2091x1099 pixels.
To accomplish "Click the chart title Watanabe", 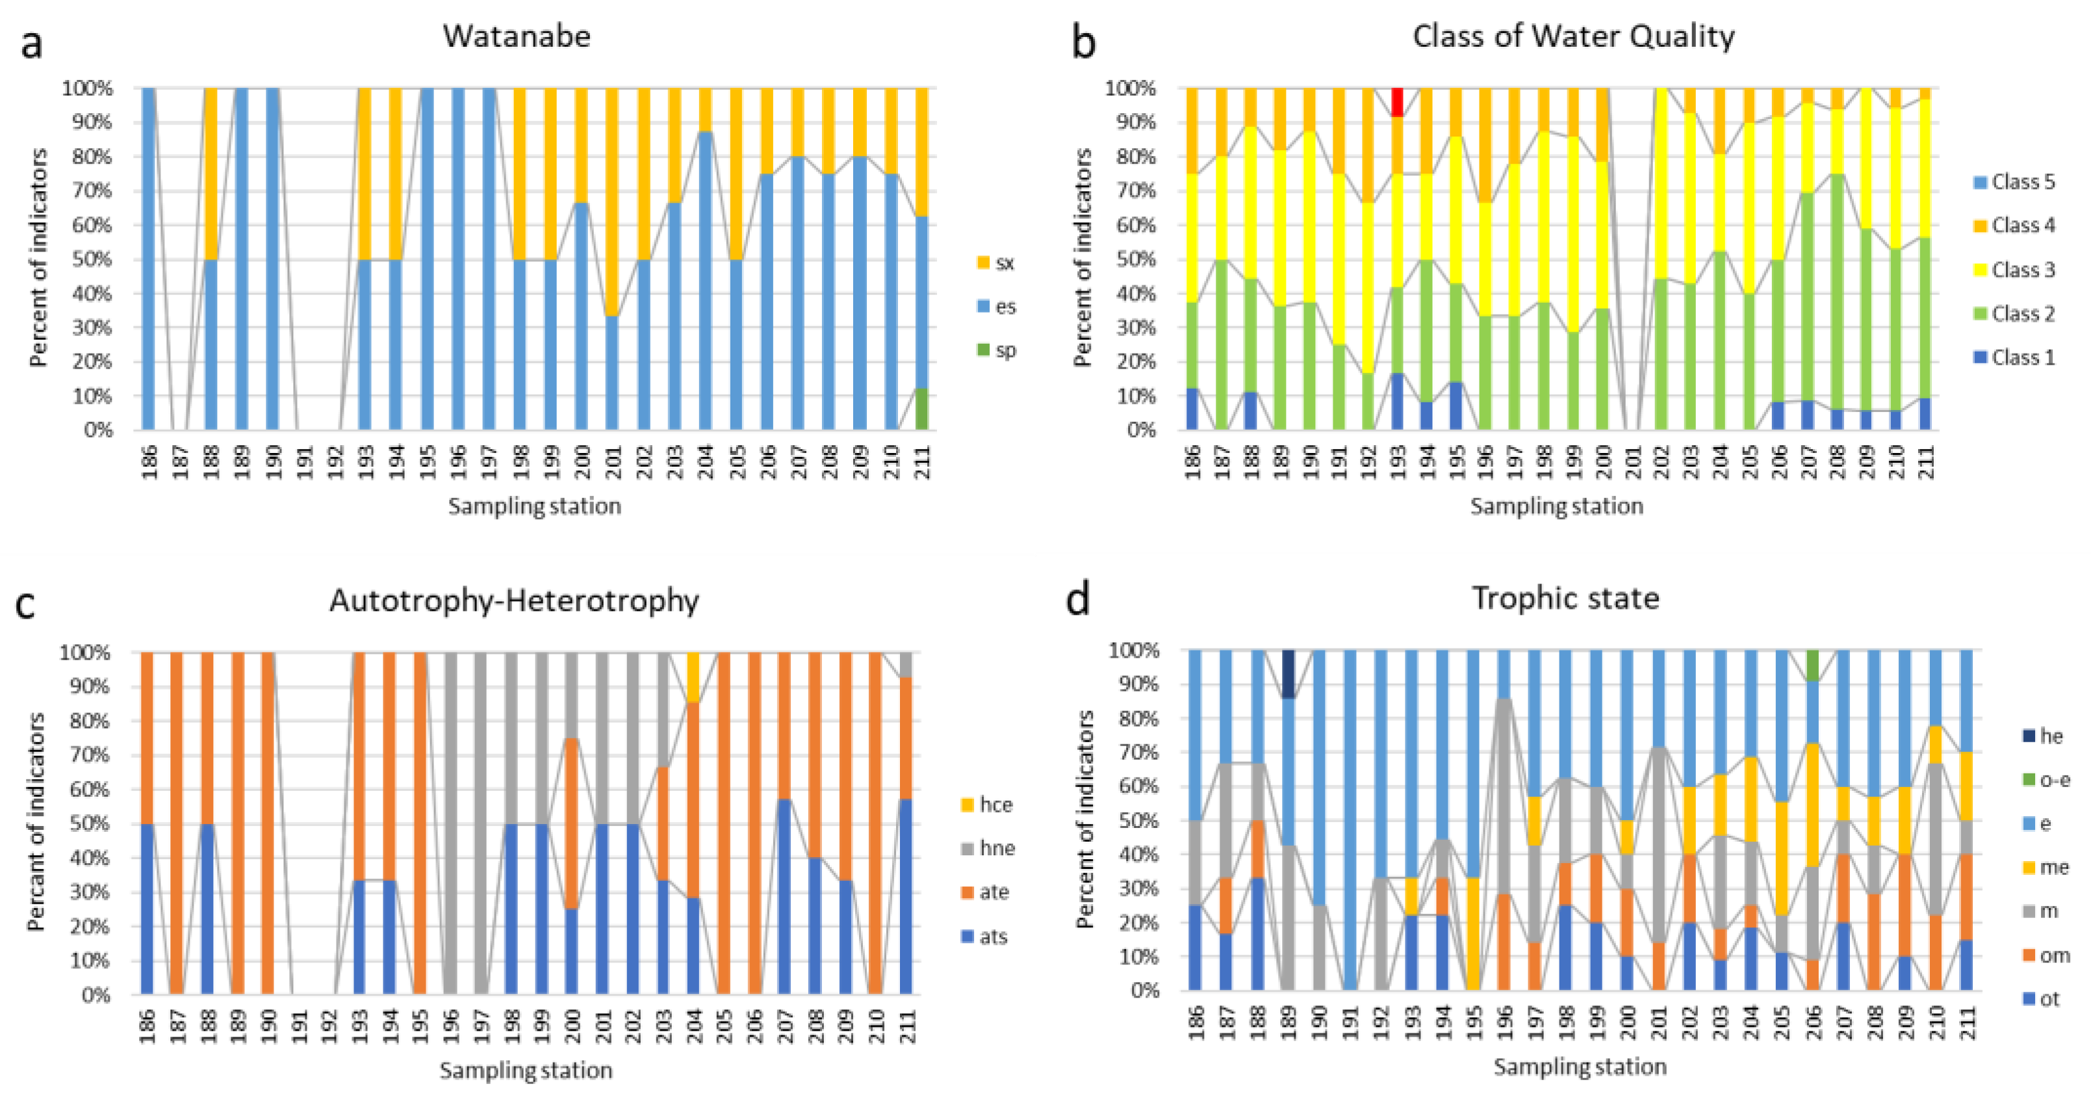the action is pyautogui.click(x=517, y=36).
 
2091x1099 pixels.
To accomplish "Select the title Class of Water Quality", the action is pyautogui.click(x=1573, y=36).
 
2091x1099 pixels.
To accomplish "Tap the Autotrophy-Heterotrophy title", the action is pyautogui.click(x=514, y=601).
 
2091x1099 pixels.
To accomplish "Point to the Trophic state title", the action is pyautogui.click(x=1565, y=598).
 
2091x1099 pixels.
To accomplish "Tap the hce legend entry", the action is pyautogui.click(x=986, y=805).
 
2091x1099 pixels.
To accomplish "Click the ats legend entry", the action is pyautogui.click(x=983, y=937).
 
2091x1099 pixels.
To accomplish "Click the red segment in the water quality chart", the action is pyautogui.click(x=1397, y=102).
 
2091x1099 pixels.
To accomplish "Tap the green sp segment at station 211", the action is pyautogui.click(x=921, y=409).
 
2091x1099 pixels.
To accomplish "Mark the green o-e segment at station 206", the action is pyautogui.click(x=1813, y=666).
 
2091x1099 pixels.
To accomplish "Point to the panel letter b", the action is pyautogui.click(x=1084, y=42).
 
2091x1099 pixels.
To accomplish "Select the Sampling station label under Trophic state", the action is pyautogui.click(x=1580, y=1067).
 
